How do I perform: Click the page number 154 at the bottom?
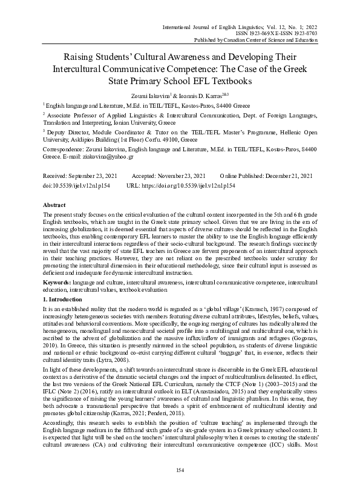180,470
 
